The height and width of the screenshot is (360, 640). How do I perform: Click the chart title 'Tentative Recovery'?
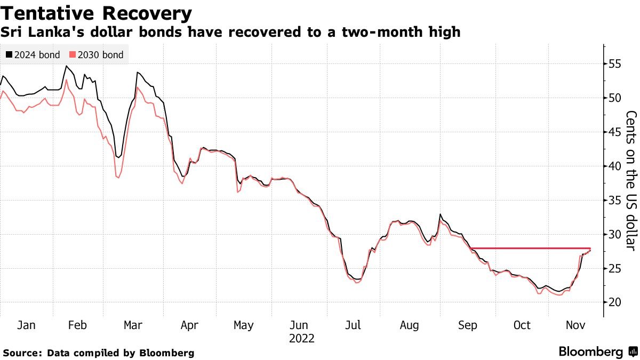tap(97, 13)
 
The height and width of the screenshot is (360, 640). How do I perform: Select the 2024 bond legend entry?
tap(33, 55)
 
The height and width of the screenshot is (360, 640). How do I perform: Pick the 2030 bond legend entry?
tap(97, 55)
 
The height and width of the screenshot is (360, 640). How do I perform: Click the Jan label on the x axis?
tap(27, 325)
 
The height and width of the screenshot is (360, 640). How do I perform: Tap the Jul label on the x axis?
tap(355, 325)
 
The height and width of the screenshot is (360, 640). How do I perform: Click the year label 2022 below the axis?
tap(301, 338)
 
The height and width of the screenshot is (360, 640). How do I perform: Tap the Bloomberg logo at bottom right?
tap(597, 352)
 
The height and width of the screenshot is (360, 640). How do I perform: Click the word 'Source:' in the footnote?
tap(23, 353)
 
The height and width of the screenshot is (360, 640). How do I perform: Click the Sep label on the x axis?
tap(467, 325)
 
